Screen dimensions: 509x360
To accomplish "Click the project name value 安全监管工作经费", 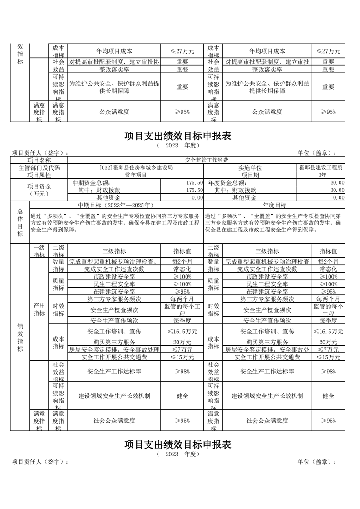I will coord(207,160).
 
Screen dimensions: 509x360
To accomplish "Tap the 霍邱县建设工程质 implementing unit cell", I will coord(321,167).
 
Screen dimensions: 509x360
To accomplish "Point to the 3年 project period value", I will coord(322,175).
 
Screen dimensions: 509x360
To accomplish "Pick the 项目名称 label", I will coord(39,160).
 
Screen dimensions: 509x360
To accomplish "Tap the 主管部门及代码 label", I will coord(39,167).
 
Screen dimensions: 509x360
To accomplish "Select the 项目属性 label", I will coord(39,175).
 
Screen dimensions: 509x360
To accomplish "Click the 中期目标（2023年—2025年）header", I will coord(117,205).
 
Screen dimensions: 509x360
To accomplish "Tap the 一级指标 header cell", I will coord(39,251).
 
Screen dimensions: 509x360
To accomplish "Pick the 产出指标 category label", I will coord(39,310).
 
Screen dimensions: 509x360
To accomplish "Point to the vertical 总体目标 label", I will coord(20,222).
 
